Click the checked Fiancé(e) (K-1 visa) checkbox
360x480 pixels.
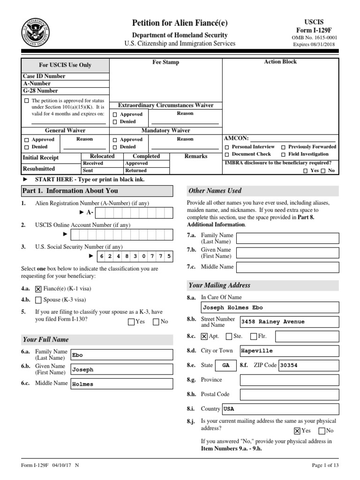38,289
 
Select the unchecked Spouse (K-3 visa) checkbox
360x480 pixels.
38,300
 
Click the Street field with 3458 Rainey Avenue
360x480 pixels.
288,322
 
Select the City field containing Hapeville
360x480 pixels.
288,351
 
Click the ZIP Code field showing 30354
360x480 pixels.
308,365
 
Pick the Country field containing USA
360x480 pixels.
280,409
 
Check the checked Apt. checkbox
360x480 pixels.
204,336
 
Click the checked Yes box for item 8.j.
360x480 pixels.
297,431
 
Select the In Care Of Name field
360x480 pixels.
269,307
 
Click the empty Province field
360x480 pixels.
288,380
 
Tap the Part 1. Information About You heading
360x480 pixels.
70,191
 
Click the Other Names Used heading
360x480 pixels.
215,191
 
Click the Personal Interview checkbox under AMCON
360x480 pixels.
227,147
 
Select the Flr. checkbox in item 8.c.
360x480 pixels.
254,336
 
